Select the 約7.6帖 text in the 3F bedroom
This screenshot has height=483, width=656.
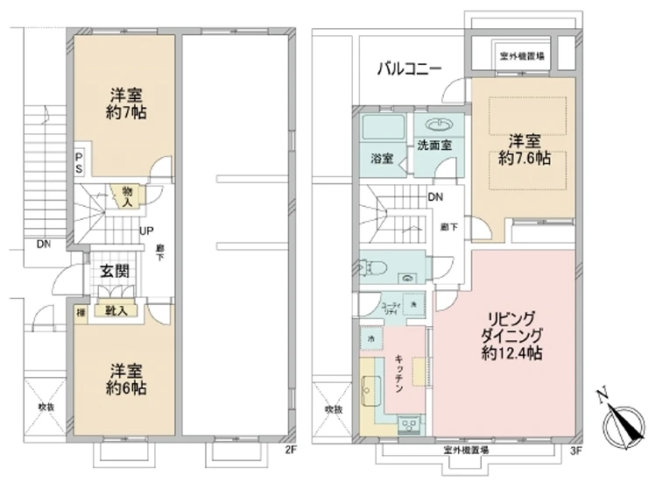tap(524, 160)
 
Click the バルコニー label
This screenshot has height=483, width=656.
tap(409, 68)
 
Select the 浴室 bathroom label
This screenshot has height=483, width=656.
tap(381, 160)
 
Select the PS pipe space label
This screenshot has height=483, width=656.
tap(78, 160)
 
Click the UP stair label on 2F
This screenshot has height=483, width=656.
tap(145, 231)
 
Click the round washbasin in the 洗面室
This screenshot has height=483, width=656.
tap(434, 124)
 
